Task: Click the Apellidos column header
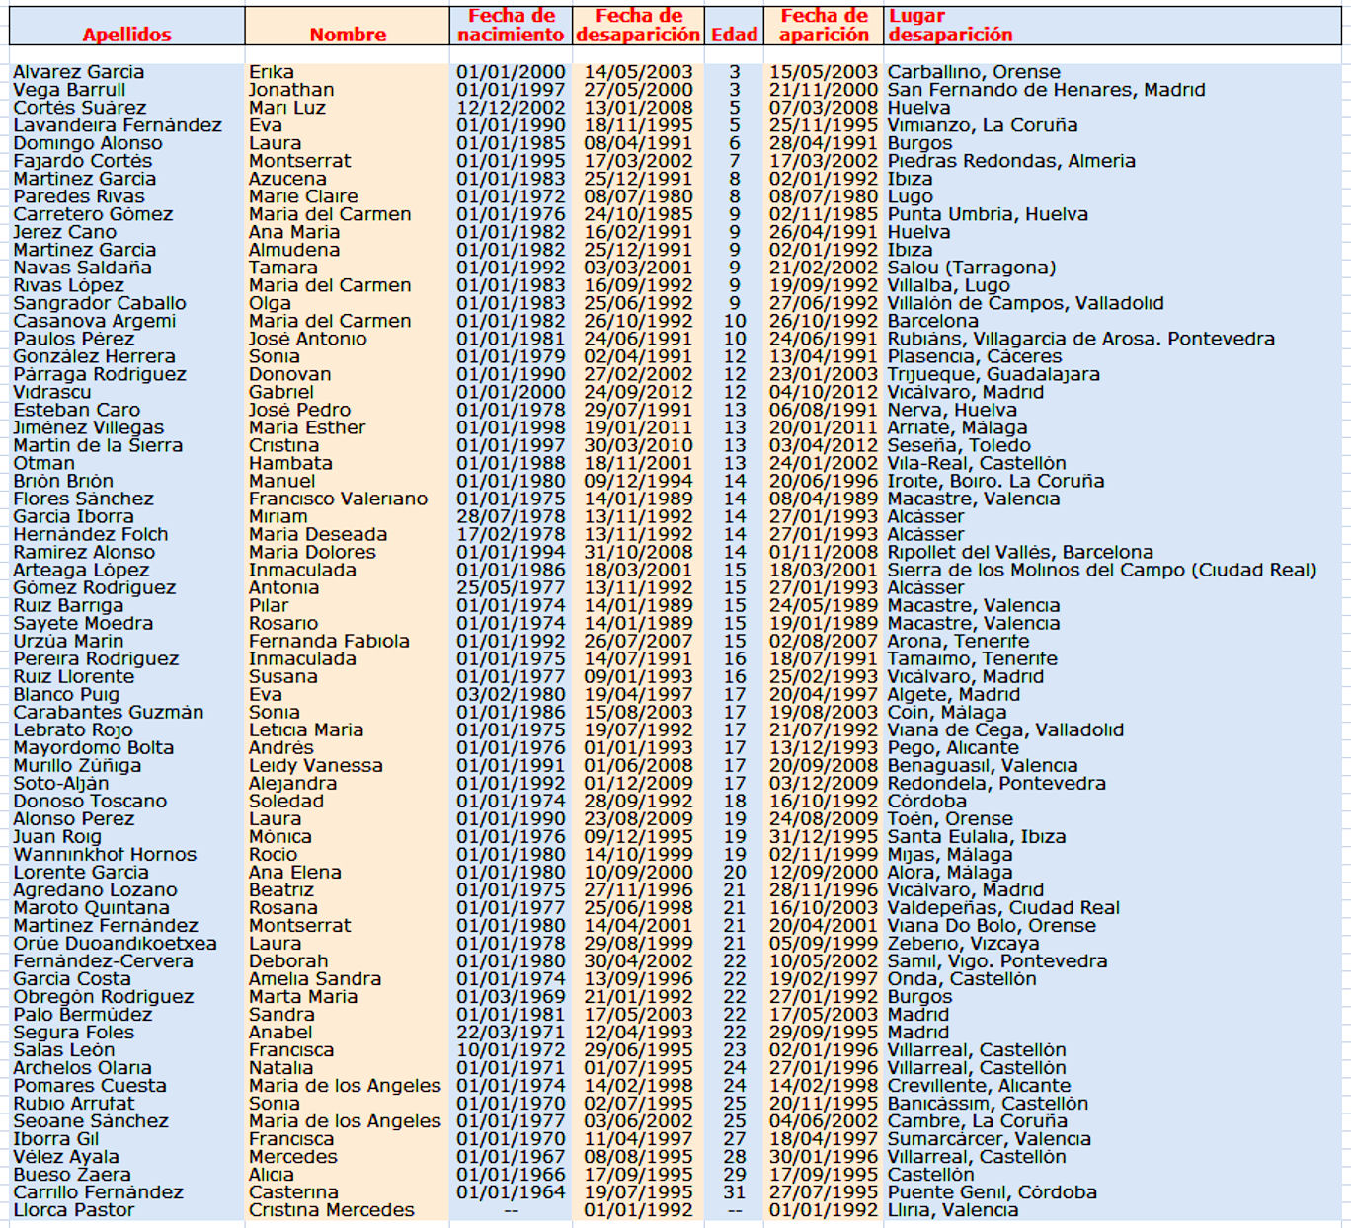tap(126, 35)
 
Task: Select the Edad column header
tap(734, 35)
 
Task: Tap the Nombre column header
tap(348, 35)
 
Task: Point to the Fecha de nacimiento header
tap(511, 26)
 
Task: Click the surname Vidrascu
tap(51, 392)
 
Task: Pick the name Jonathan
tap(291, 90)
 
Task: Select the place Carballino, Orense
tap(974, 72)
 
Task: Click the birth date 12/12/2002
tap(511, 108)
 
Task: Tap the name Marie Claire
tap(303, 196)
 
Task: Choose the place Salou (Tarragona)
tap(972, 268)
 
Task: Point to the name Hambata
tap(290, 463)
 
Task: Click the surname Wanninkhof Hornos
tap(105, 854)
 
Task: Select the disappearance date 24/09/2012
tap(638, 392)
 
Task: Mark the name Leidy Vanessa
tap(316, 765)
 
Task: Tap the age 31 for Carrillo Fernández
tap(734, 1192)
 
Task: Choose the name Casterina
tap(293, 1192)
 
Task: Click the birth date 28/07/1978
tap(511, 516)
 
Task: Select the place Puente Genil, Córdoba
tap(992, 1192)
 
